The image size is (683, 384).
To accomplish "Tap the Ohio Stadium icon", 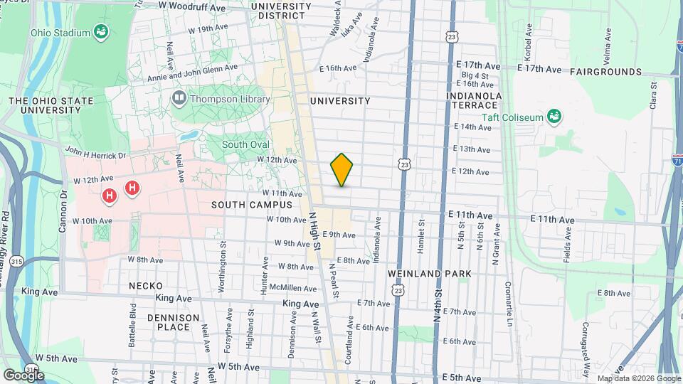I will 102,31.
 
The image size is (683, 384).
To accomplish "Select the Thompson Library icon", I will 178,100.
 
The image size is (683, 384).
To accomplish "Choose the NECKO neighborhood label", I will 146,285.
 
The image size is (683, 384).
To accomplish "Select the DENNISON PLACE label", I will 169,321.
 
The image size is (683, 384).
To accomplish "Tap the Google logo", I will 23,374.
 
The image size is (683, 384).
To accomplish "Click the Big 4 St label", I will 475,75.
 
